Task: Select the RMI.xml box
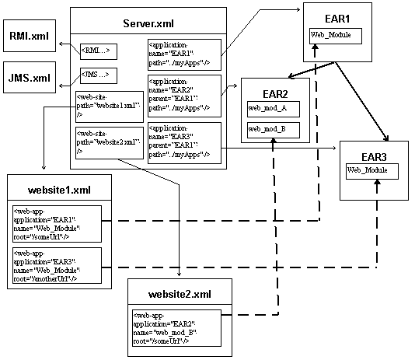click(x=30, y=37)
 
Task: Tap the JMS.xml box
click(x=30, y=79)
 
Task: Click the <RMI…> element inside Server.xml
click(x=95, y=52)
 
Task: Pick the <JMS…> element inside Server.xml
click(x=95, y=76)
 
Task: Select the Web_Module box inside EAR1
click(x=335, y=35)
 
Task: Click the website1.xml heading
click(x=60, y=190)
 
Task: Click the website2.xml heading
click(x=180, y=294)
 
